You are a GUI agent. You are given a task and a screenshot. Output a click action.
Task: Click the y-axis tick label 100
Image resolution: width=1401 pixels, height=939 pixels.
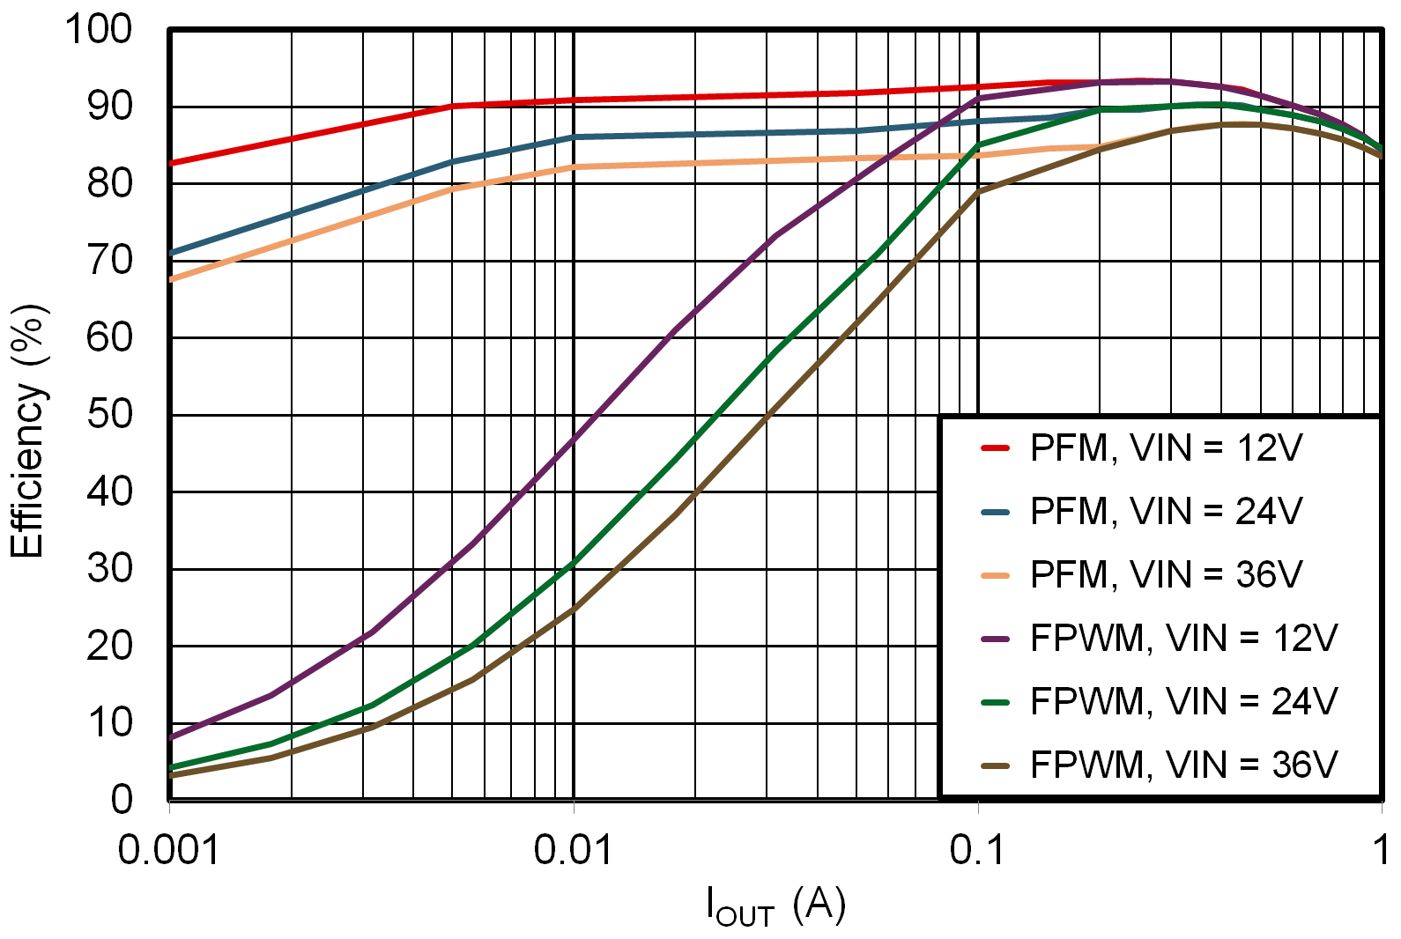pyautogui.click(x=99, y=29)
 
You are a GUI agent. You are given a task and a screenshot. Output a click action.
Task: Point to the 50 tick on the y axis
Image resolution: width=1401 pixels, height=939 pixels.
pyautogui.click(x=109, y=414)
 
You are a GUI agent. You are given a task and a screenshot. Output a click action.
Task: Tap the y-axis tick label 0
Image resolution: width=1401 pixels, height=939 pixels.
pyautogui.click(x=122, y=799)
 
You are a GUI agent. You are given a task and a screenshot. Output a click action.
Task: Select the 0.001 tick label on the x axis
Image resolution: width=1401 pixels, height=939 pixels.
pyautogui.click(x=168, y=851)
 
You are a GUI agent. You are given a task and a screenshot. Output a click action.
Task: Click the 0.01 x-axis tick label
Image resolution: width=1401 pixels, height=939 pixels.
pyautogui.click(x=573, y=851)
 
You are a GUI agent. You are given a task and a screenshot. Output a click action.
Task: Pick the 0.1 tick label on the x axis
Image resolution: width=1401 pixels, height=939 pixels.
pyautogui.click(x=977, y=851)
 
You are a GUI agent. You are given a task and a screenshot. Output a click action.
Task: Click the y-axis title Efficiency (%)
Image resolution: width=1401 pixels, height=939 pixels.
pyautogui.click(x=27, y=432)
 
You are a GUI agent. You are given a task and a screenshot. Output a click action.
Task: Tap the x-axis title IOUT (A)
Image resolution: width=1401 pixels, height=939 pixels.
pyautogui.click(x=775, y=906)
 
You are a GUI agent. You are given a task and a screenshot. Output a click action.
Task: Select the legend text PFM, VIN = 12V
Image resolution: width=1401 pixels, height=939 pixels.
pyautogui.click(x=1166, y=448)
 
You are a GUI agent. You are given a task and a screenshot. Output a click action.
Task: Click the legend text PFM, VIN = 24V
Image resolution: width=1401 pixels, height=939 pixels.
pyautogui.click(x=1166, y=512)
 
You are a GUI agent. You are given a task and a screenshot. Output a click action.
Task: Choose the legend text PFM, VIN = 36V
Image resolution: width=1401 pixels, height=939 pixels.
pyautogui.click(x=1166, y=575)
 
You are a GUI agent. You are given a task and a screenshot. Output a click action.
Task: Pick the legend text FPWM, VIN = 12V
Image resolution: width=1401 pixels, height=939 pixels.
pyautogui.click(x=1183, y=639)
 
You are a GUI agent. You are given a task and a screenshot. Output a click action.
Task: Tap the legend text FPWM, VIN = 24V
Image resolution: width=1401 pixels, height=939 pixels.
pyautogui.click(x=1183, y=702)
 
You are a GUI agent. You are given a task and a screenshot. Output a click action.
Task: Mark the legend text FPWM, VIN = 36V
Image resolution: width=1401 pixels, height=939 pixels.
pyautogui.click(x=1183, y=765)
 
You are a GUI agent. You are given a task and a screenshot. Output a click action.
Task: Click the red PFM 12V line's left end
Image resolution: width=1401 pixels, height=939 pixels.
pyautogui.click(x=172, y=163)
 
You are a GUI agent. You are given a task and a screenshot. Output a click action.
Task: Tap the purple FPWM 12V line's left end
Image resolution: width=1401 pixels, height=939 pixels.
pyautogui.click(x=172, y=737)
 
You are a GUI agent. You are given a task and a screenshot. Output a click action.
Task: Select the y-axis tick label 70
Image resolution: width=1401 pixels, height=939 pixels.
pyautogui.click(x=109, y=260)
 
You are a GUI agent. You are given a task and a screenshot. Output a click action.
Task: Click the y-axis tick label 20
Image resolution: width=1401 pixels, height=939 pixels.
pyautogui.click(x=109, y=646)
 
